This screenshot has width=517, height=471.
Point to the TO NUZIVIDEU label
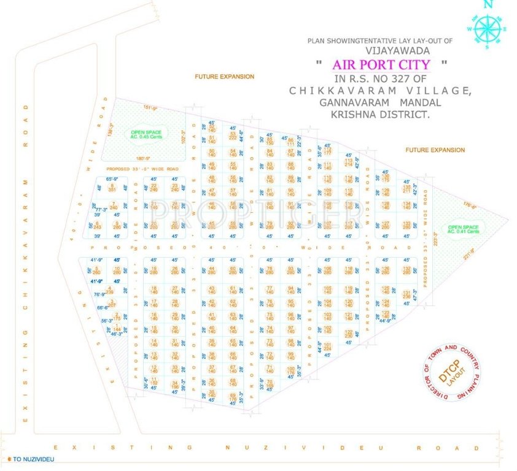pyautogui.click(x=30, y=459)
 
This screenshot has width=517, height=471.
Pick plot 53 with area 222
pyautogui.click(x=233, y=136)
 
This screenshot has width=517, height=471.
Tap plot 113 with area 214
pyautogui.click(x=348, y=162)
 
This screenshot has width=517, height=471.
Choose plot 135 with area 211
pyautogui.click(x=406, y=188)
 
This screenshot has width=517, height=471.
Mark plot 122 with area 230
pyautogui.click(x=349, y=333)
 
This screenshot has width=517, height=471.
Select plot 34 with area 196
pyautogui.click(x=175, y=385)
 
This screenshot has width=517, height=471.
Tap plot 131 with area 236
pyautogui.click(x=406, y=295)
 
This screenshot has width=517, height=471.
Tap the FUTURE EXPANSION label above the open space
pyautogui.click(x=224, y=77)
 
